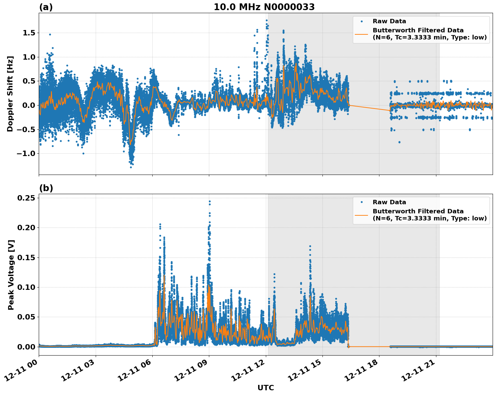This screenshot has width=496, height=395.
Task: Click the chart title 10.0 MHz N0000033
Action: pos(264,7)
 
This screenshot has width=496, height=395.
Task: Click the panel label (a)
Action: pos(46,7)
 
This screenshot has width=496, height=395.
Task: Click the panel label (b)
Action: pos(46,188)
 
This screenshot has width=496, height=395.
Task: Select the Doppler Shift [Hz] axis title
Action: pos(10,94)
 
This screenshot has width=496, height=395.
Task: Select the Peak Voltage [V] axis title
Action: pos(11,275)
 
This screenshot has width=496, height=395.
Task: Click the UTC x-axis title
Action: pos(266,388)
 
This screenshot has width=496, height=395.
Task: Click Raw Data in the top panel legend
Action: pos(389,21)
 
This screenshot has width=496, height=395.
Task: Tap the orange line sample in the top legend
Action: pos(362,34)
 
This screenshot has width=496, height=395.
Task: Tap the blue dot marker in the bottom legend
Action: pos(362,202)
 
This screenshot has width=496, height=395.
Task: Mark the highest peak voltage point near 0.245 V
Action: pos(210,202)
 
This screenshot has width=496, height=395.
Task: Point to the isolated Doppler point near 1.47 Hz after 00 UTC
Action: pos(50,34)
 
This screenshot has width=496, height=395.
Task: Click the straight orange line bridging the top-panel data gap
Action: pos(369,108)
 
